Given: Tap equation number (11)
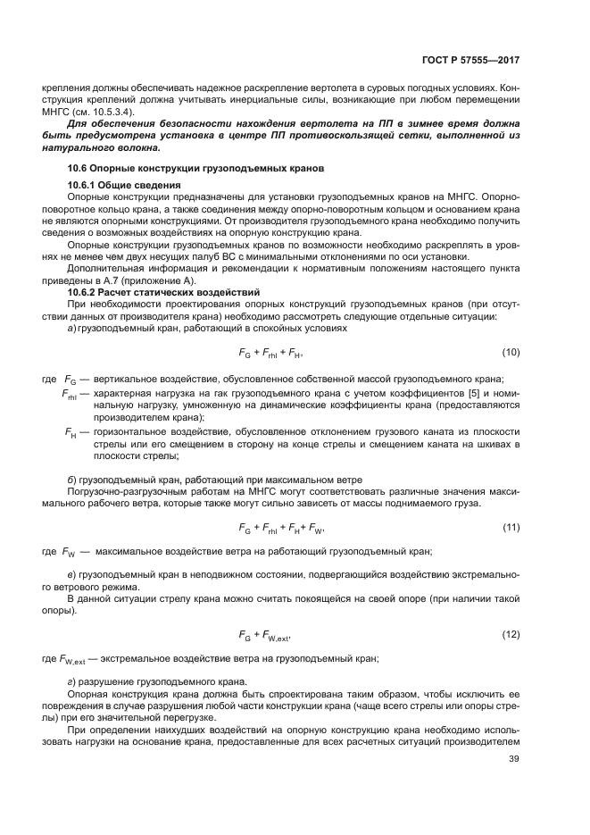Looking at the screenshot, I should click(x=511, y=528).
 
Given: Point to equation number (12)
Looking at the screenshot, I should click(x=511, y=635).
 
